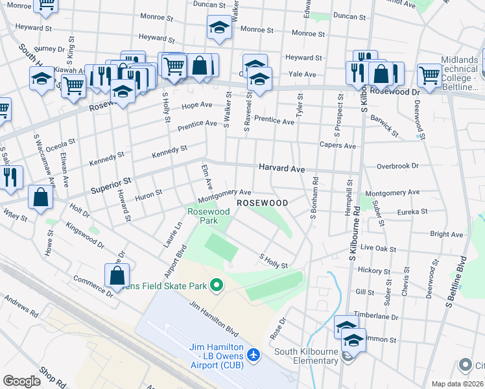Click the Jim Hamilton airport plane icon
253,355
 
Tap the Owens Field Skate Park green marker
218,285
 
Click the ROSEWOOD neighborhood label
262,203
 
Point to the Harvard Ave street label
281,168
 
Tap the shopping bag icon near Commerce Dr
117,275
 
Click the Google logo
22,381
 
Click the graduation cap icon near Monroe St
220,28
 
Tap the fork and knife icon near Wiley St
9,178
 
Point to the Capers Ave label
337,146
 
